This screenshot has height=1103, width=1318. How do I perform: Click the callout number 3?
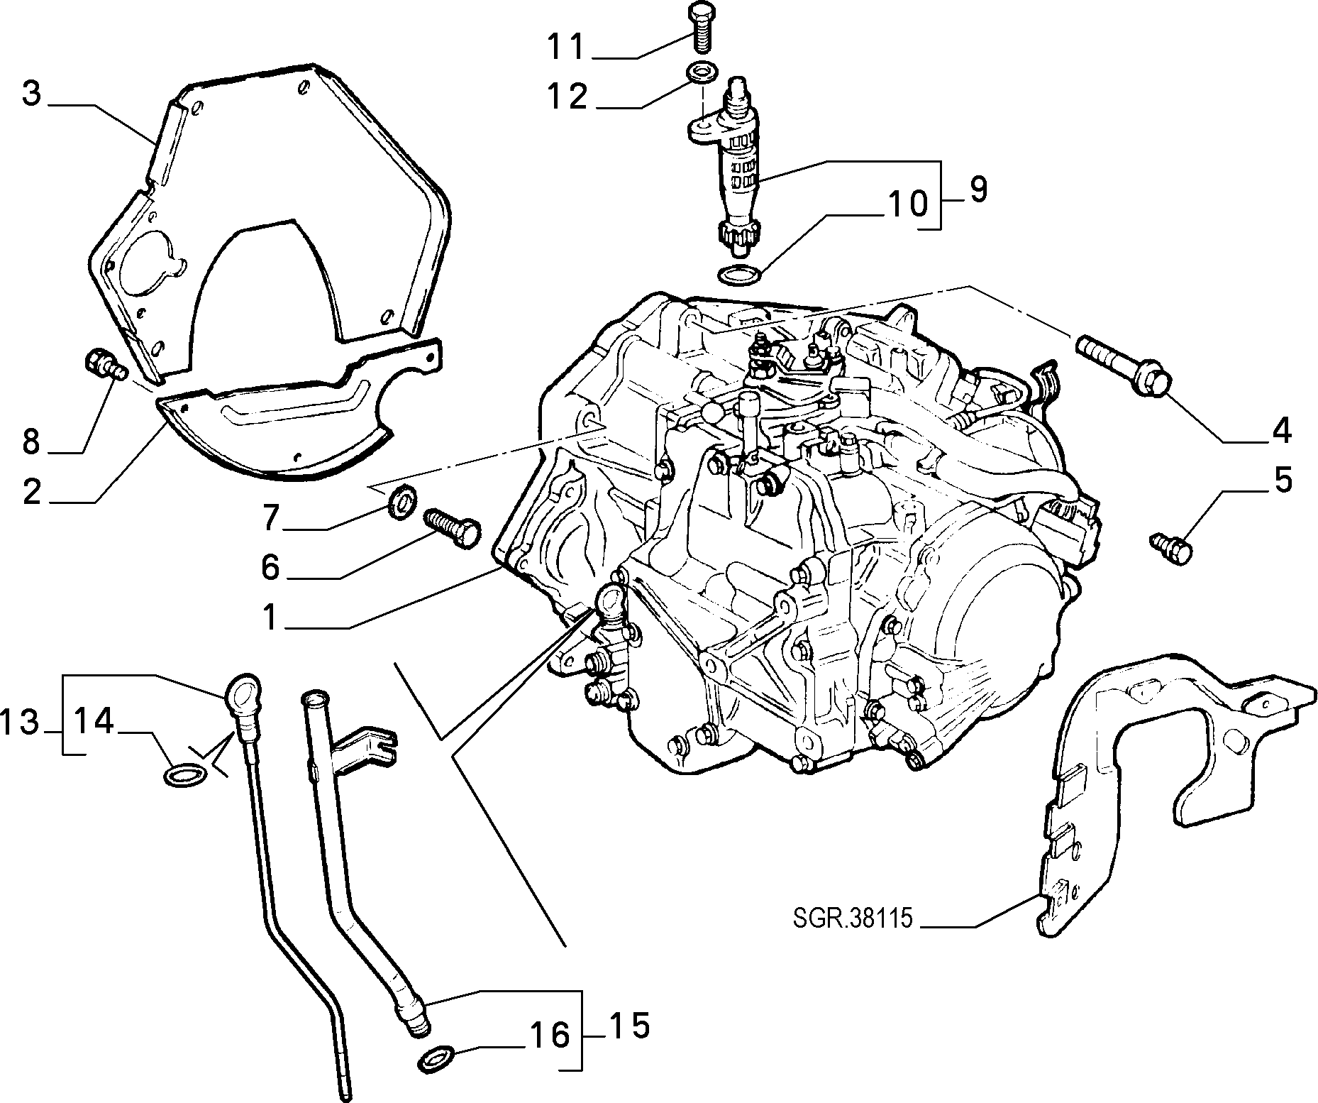(x=32, y=94)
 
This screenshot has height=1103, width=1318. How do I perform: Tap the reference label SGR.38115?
(x=851, y=918)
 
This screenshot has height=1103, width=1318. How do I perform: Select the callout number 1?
(x=269, y=617)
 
